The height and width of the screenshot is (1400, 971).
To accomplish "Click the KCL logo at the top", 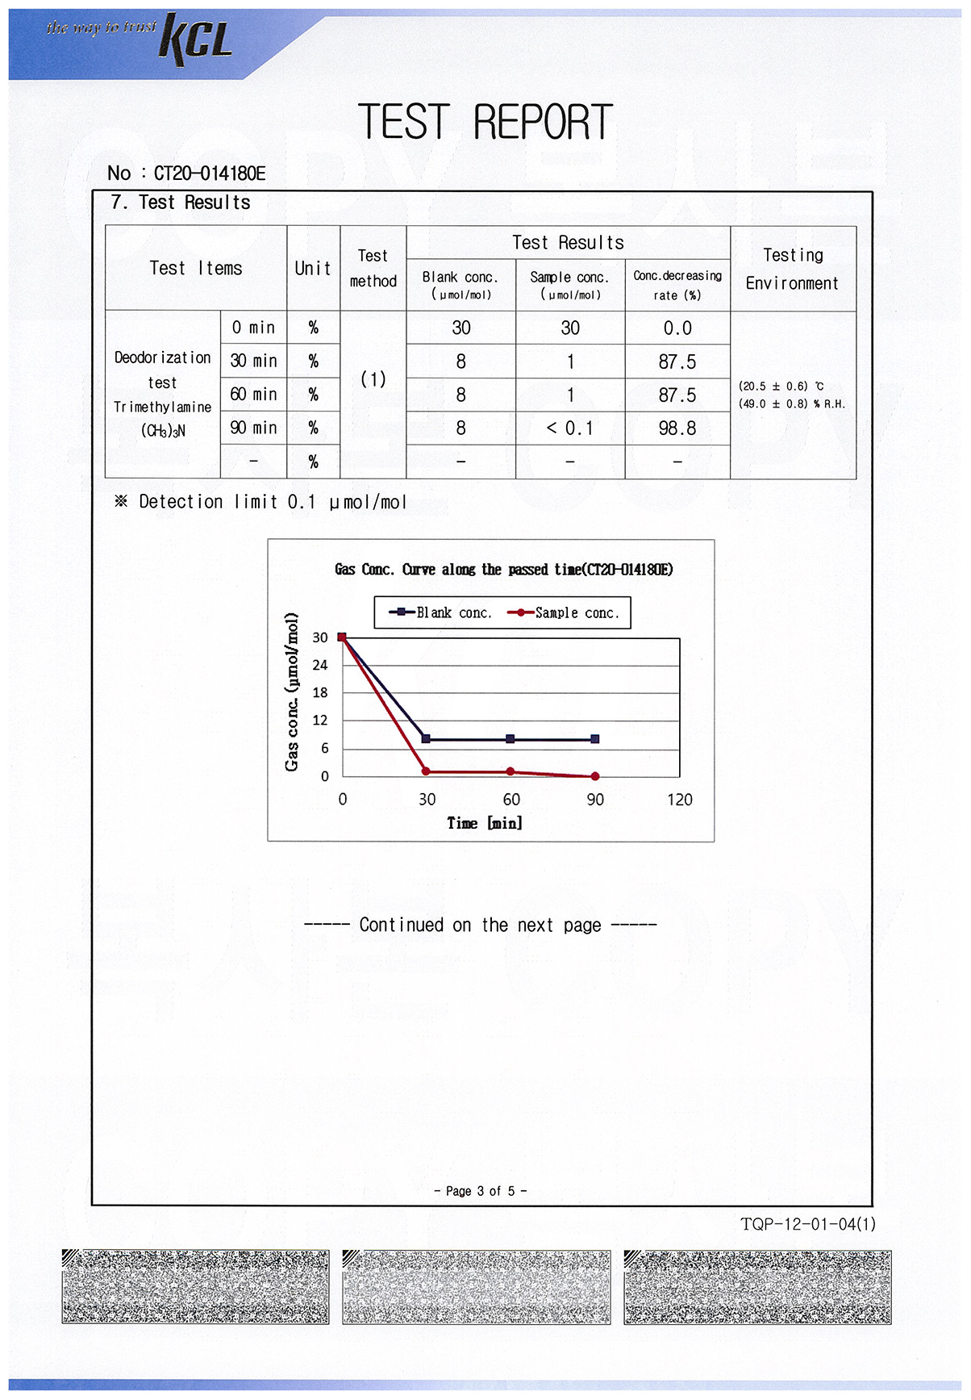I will point(196,38).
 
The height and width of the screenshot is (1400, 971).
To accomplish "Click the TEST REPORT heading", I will point(485,123).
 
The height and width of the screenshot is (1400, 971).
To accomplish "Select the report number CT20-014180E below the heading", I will point(209,173).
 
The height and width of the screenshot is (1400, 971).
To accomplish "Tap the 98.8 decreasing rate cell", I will point(677,428).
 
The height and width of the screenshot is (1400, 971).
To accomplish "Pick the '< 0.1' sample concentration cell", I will point(569,428).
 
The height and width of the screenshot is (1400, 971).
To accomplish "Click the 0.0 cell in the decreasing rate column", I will point(677,328).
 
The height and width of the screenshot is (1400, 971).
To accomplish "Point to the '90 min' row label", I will point(253,428).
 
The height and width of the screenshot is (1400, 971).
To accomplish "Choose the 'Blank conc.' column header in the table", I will point(460,277).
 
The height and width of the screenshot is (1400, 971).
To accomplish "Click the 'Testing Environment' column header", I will point(792,269).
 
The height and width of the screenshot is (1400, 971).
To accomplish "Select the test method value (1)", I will point(373,378).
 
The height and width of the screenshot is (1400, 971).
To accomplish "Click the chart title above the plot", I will point(503,570).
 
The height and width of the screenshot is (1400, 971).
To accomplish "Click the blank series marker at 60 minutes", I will point(511,739).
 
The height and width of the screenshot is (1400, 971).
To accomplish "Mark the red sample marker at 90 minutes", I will point(595,776).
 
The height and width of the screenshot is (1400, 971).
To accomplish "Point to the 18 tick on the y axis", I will point(320,692).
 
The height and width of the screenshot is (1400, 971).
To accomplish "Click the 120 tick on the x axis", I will point(679,800).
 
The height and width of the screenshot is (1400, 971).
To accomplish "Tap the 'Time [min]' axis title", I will point(485,823).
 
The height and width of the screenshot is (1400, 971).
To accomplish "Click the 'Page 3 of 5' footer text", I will point(480,1191).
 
